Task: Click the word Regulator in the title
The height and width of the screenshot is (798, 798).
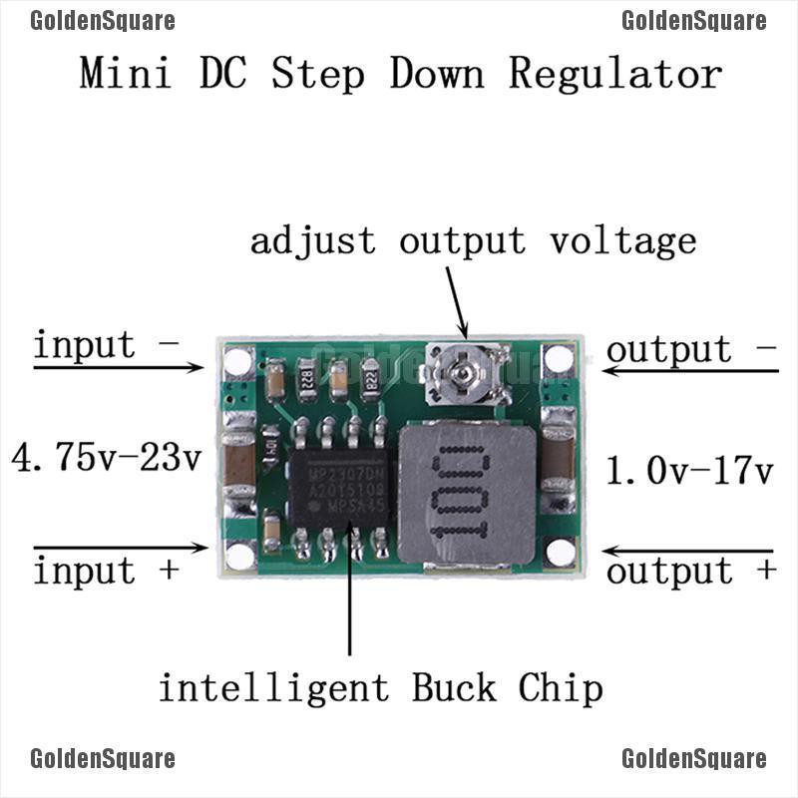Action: tap(614, 75)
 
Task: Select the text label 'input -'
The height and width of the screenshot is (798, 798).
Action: tap(106, 345)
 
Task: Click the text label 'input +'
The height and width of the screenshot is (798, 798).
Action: tap(106, 572)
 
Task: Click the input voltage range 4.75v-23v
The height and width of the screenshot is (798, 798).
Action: tap(106, 459)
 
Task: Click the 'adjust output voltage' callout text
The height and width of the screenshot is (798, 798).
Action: tap(473, 241)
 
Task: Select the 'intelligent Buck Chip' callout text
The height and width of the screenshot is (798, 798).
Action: tap(380, 688)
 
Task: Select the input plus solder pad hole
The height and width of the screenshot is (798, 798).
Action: tap(239, 555)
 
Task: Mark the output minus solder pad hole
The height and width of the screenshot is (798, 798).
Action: tap(559, 360)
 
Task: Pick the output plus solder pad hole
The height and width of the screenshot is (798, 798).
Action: tap(561, 554)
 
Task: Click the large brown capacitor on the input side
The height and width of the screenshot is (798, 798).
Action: tap(239, 461)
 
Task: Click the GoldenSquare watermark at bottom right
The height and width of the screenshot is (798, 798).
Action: tap(693, 760)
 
